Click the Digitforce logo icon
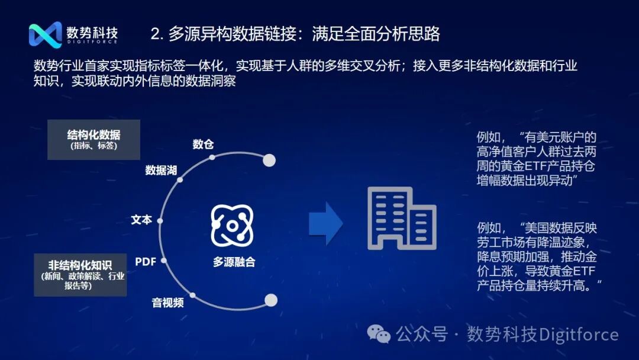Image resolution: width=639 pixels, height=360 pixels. click(x=46, y=34)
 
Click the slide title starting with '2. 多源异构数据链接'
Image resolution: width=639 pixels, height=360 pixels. click(x=295, y=34)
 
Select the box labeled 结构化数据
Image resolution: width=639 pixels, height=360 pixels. click(x=93, y=140)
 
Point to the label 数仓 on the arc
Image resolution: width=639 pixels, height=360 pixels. click(x=203, y=144)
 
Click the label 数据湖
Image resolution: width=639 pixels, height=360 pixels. click(x=161, y=170)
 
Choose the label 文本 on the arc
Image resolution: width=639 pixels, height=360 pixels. click(x=141, y=220)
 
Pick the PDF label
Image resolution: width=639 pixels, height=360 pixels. click(x=146, y=261)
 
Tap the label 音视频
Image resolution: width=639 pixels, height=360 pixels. click(x=168, y=303)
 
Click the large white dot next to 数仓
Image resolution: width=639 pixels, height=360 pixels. click(x=269, y=160)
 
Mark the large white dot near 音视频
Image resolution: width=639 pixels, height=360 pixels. click(x=271, y=300)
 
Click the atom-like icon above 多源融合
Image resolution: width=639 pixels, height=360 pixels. click(x=232, y=226)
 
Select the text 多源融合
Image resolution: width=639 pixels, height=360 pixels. click(x=234, y=262)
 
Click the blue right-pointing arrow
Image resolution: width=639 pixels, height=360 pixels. click(x=325, y=223)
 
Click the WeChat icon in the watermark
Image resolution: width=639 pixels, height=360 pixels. click(x=379, y=334)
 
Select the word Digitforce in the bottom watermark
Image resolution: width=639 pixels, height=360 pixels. click(x=579, y=335)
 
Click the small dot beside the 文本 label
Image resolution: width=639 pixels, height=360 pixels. click(x=160, y=221)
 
